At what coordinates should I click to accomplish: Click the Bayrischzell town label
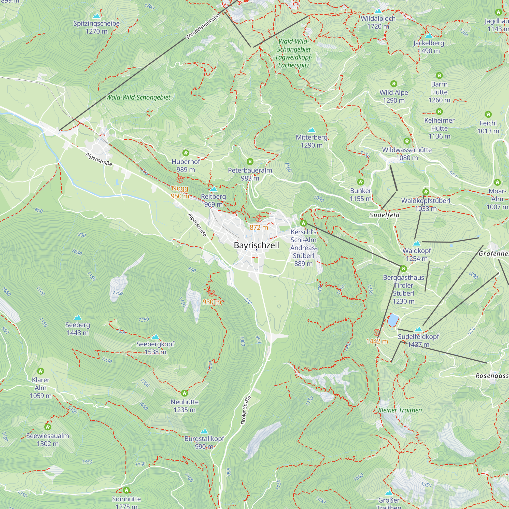tap(256, 245)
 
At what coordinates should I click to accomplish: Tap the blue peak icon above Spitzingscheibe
tap(97, 16)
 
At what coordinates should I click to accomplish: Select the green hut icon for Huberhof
tap(186, 153)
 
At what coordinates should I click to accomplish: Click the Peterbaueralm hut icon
tap(250, 161)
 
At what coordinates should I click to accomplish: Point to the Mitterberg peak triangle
tap(312, 130)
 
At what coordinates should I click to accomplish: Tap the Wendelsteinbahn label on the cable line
tap(203, 27)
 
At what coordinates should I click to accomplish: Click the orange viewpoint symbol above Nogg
tap(180, 180)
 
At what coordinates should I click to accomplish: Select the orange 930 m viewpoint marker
tap(212, 293)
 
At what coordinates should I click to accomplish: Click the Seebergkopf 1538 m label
tap(155, 348)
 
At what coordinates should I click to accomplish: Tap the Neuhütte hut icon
tap(185, 393)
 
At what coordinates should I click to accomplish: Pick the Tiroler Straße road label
tap(246, 411)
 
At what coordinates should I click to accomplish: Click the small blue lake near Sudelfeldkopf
tap(392, 320)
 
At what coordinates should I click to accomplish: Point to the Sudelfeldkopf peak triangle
tap(418, 329)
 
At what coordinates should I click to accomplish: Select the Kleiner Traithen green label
tap(400, 410)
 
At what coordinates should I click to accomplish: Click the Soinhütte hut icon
tap(126, 490)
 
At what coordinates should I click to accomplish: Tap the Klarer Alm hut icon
tap(40, 371)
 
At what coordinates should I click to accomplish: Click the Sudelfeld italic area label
tap(384, 215)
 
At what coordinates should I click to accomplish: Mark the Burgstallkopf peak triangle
tap(204, 431)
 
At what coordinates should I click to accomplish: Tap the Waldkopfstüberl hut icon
tap(426, 192)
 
